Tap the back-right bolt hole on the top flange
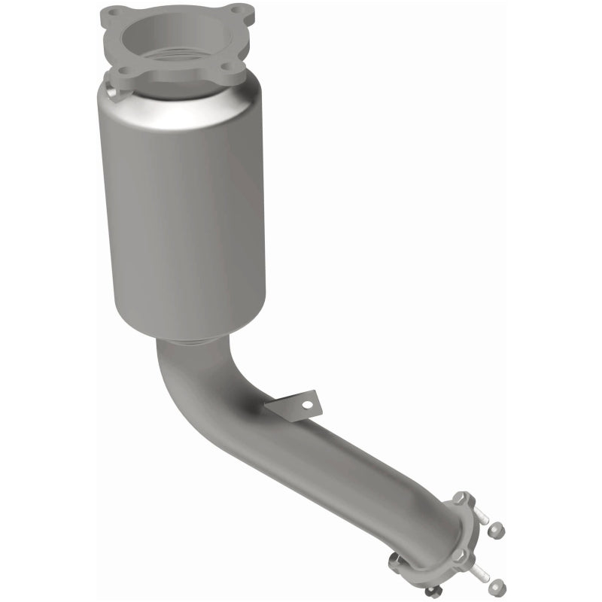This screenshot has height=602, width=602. coord(235,11)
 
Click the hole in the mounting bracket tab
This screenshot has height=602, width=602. coord(306,406)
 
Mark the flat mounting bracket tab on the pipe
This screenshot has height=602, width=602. coord(293,406)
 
